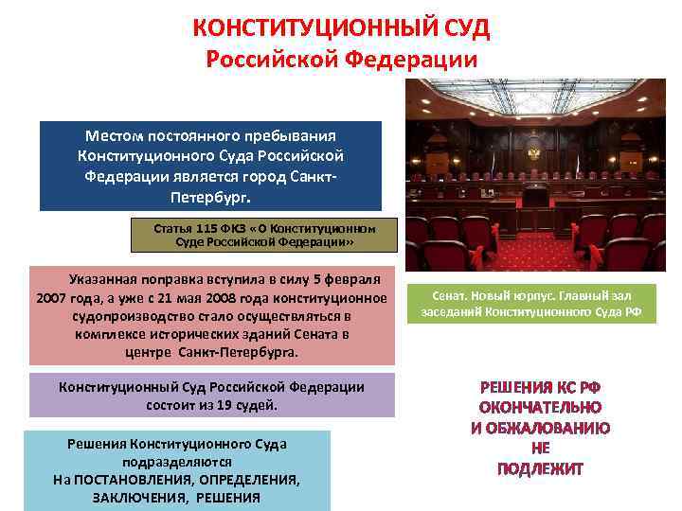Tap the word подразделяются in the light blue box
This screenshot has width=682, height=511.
coord(176,462)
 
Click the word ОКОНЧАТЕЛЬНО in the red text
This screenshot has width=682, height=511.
coord(540,407)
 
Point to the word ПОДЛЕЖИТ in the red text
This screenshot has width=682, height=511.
coord(540,468)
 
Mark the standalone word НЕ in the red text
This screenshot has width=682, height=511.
coord(540,449)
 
